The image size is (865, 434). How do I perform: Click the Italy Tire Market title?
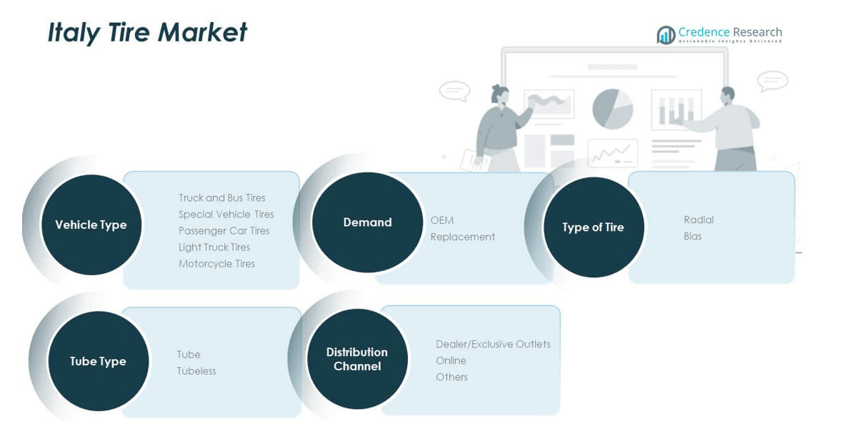pyautogui.click(x=147, y=33)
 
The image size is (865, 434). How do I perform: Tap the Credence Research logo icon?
pyautogui.click(x=666, y=35)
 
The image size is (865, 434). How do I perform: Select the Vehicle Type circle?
pyautogui.click(x=91, y=225)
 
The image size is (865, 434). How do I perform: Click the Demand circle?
pyautogui.click(x=367, y=222)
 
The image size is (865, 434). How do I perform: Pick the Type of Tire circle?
pyautogui.click(x=593, y=227)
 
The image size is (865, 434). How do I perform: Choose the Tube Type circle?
pyautogui.click(x=98, y=361)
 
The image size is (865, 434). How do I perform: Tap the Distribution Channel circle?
pyautogui.click(x=357, y=359)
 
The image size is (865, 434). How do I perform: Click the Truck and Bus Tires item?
pyautogui.click(x=221, y=198)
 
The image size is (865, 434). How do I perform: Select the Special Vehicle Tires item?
pyautogui.click(x=226, y=214)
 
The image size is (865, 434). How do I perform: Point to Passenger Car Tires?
pyautogui.click(x=224, y=231)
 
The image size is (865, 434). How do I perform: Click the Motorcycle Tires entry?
pyautogui.click(x=216, y=264)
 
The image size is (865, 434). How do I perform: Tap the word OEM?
pyautogui.click(x=441, y=220)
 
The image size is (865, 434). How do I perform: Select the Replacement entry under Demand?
pyautogui.click(x=462, y=237)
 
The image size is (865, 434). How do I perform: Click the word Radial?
pyautogui.click(x=699, y=220)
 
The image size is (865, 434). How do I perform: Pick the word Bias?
pyautogui.click(x=692, y=236)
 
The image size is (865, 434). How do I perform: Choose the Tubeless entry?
pyautogui.click(x=196, y=371)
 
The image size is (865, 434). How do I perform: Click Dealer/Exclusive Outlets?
pyautogui.click(x=493, y=344)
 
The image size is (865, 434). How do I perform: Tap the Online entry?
pyautogui.click(x=451, y=360)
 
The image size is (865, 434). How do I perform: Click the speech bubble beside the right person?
pyautogui.click(x=772, y=80)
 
